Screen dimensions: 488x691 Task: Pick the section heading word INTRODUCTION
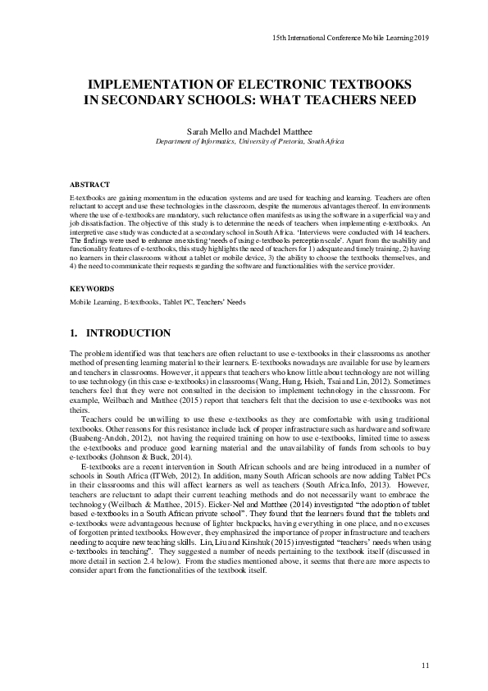128,333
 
